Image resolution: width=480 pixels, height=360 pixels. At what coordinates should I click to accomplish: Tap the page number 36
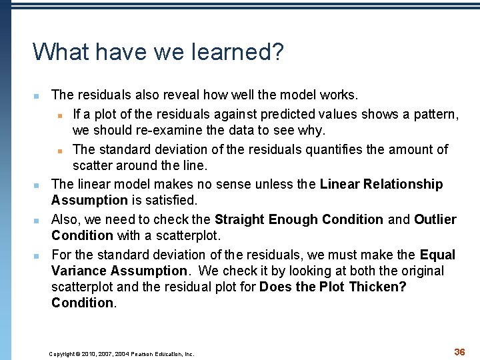(459, 351)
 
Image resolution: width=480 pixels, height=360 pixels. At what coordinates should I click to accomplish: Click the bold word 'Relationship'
(402, 184)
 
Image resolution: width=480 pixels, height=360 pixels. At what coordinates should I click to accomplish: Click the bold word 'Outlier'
(435, 219)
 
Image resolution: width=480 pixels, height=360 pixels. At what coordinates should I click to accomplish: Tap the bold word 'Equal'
(438, 255)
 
